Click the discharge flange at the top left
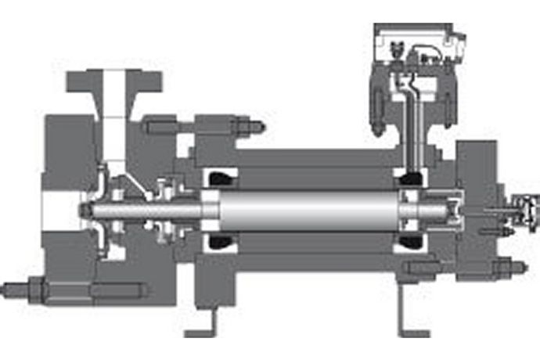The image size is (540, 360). [114, 81]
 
